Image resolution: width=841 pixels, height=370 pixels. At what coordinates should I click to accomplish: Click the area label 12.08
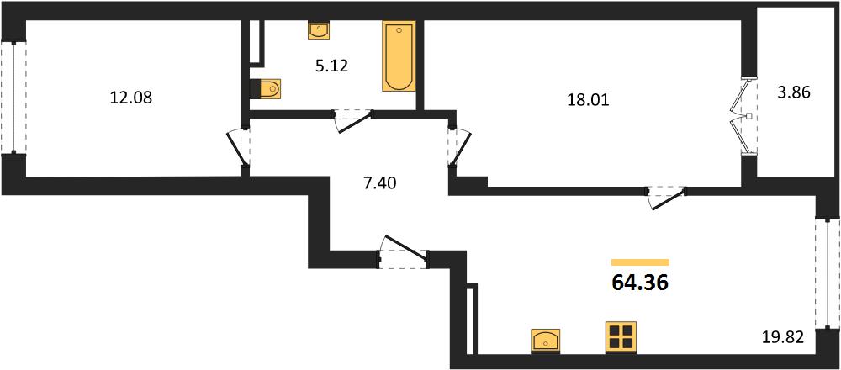[x=131, y=98]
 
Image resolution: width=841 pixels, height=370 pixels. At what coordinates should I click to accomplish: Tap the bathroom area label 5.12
[x=331, y=66]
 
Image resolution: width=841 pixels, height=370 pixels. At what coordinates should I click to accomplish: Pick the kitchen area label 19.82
[x=783, y=338]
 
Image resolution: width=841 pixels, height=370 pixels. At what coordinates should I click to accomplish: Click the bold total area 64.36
[x=640, y=282]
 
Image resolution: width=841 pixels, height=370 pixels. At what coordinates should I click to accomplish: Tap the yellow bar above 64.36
[x=640, y=262]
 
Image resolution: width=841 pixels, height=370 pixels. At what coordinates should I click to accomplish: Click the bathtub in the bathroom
[x=399, y=56]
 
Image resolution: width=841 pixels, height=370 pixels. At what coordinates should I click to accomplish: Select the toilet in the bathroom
[x=266, y=89]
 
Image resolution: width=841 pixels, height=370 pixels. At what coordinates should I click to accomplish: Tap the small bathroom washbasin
[x=319, y=30]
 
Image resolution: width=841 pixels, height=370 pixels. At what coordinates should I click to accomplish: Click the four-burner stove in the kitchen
[x=621, y=336]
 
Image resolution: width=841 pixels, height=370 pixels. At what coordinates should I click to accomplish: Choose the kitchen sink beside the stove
[x=545, y=341]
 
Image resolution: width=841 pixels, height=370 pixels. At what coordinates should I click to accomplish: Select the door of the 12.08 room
[x=239, y=149]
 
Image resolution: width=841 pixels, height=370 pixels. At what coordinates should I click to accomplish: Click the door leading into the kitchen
[x=667, y=197]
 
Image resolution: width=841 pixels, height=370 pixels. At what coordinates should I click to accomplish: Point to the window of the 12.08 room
[x=13, y=97]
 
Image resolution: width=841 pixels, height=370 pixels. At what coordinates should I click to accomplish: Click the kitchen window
[x=827, y=273]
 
